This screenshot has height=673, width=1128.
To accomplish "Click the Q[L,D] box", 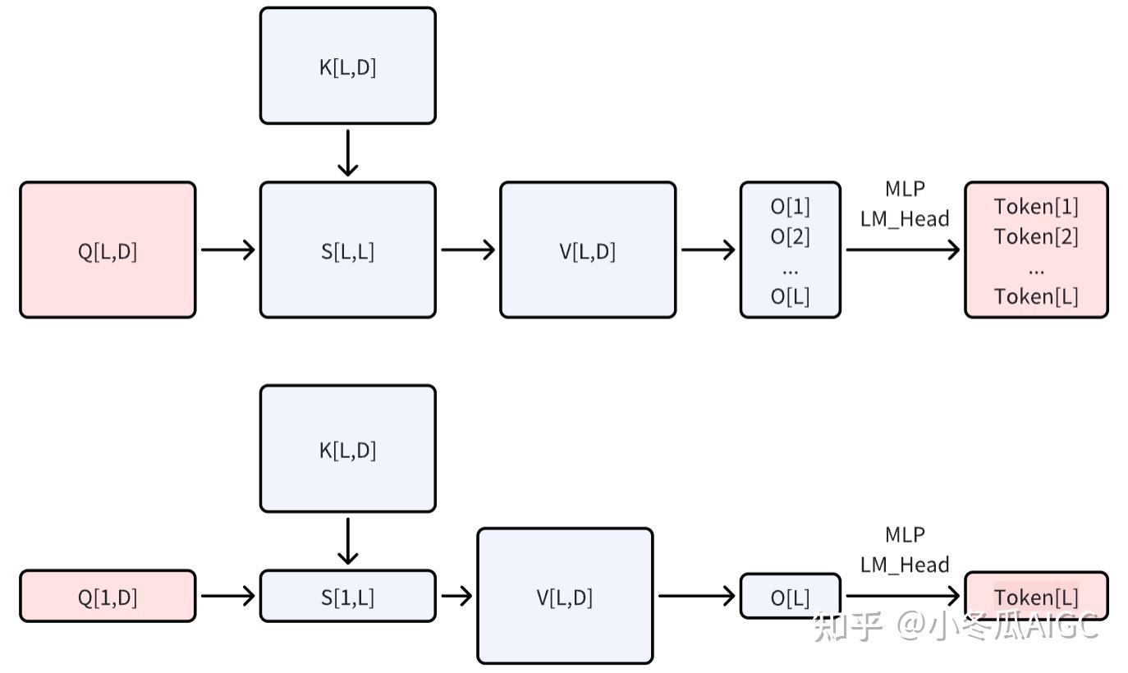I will tap(108, 250).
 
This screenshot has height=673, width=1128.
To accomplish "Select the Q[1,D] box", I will tap(108, 597).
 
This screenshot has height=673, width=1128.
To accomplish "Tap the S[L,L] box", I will tap(347, 250).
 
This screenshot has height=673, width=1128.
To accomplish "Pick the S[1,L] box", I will tap(347, 597).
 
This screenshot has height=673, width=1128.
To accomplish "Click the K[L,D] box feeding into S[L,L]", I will tap(347, 66).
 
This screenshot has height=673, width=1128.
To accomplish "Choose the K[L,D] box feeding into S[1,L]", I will tap(347, 450).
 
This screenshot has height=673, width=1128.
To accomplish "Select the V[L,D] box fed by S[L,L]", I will tap(588, 250).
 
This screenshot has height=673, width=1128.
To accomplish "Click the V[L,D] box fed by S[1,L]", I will tap(565, 597).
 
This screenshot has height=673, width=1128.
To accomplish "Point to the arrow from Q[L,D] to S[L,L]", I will tap(227, 250).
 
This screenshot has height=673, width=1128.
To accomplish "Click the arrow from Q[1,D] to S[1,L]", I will tap(227, 596).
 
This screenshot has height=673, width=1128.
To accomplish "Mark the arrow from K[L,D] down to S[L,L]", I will tap(348, 153).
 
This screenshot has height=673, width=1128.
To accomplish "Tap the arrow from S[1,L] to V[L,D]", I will tap(456, 596).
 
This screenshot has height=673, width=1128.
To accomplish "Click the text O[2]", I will tap(790, 236).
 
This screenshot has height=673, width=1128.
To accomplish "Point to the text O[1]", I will tap(790, 206).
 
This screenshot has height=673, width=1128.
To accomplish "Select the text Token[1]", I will tap(1036, 206).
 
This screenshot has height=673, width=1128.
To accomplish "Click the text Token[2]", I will tap(1036, 236).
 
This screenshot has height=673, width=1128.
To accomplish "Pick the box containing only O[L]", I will tap(790, 597).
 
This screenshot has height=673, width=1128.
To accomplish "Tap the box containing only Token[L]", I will tap(1036, 597).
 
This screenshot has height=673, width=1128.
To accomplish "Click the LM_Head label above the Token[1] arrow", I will tap(905, 219).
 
